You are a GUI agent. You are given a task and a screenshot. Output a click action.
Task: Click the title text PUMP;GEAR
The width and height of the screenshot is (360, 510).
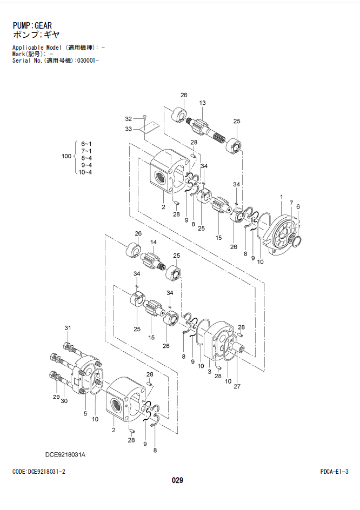[x=32, y=25]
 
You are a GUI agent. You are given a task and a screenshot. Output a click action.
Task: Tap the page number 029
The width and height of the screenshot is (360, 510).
[x=177, y=480]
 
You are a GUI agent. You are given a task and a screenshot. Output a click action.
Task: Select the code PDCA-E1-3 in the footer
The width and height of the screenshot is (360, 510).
[x=334, y=472]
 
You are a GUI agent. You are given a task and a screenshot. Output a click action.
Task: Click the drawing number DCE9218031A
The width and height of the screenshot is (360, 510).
[x=65, y=455]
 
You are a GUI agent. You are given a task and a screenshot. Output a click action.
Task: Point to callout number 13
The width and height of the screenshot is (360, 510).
[x=202, y=103]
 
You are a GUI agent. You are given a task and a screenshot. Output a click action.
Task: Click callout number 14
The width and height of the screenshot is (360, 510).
[x=154, y=243]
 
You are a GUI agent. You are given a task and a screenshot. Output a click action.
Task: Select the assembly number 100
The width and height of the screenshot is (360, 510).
[x=66, y=156]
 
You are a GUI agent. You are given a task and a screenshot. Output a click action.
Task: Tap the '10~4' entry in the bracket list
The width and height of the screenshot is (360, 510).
[x=85, y=172]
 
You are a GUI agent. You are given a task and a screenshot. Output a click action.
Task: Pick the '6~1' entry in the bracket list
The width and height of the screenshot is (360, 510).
[x=86, y=144]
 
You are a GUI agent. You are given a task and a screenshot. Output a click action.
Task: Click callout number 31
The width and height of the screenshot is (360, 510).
[x=68, y=328]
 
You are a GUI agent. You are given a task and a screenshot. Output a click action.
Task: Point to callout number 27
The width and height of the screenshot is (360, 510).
[x=237, y=386]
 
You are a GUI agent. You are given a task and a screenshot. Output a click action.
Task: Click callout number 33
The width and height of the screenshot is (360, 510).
[x=129, y=129]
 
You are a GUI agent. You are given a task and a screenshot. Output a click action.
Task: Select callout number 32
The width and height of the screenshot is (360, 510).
[x=129, y=119]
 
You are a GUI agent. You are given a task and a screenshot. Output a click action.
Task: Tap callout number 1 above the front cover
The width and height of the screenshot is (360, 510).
[x=282, y=197]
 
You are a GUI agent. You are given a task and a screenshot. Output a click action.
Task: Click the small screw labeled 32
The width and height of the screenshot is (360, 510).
[x=144, y=118]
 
